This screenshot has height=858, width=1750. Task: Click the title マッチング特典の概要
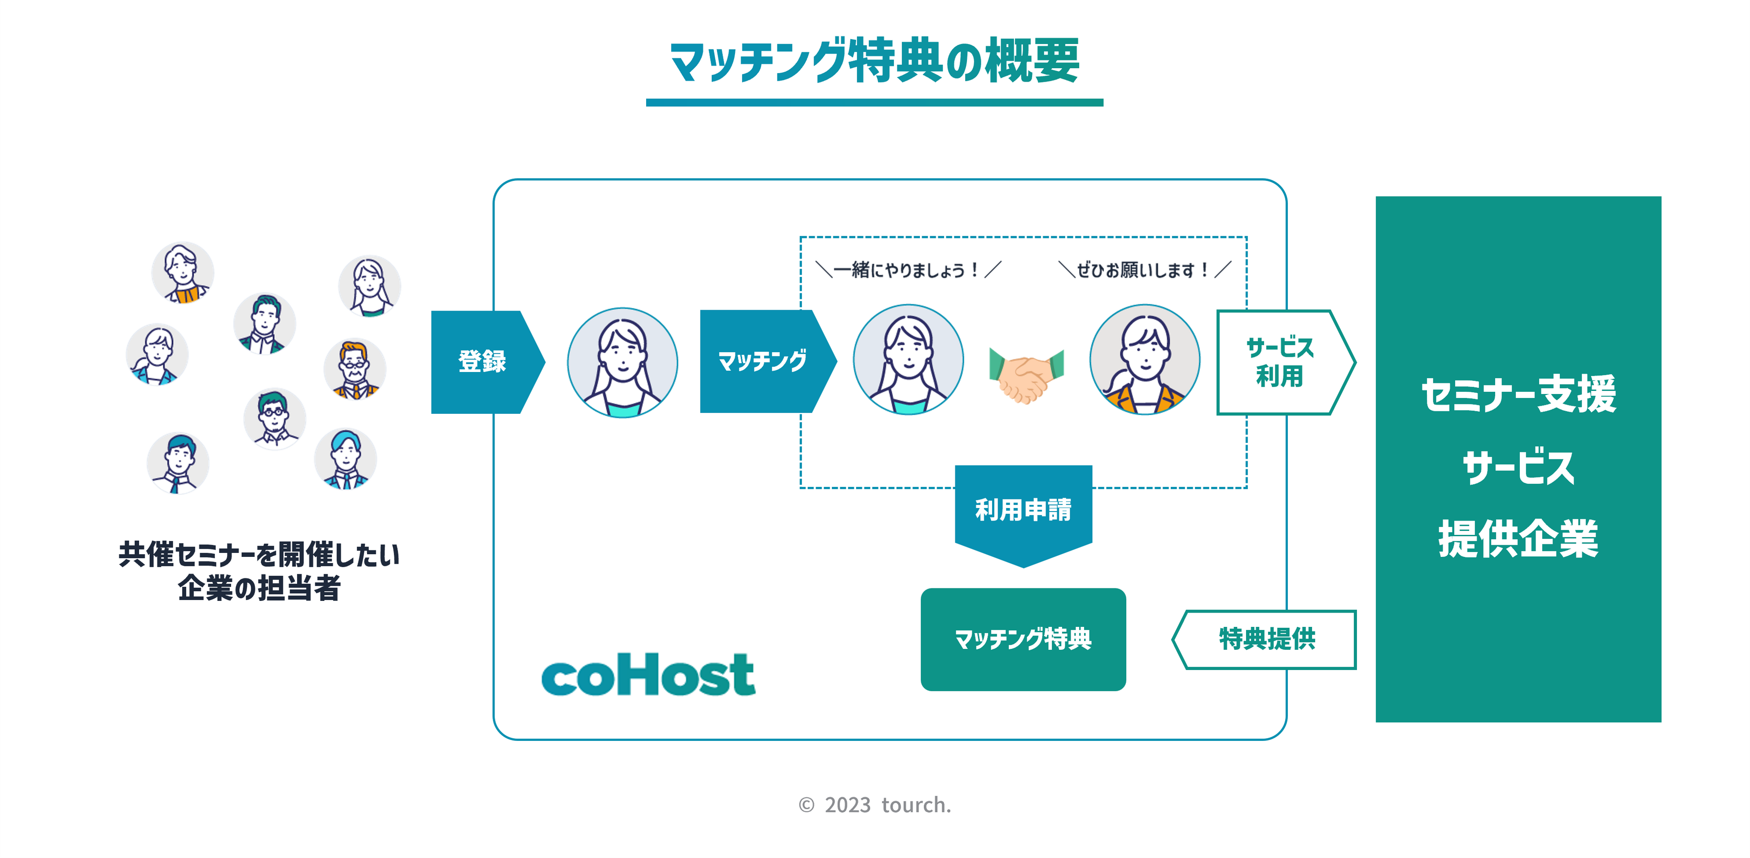pos(874,61)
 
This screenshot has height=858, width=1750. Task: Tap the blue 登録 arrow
pos(484,361)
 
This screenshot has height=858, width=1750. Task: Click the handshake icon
pos(1026,375)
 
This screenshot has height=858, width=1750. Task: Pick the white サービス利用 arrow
pos(1281,362)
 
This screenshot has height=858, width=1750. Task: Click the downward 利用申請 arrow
pos(1023,513)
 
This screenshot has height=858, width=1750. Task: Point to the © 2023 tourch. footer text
pos(875,805)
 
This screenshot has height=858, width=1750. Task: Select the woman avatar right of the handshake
pos(1145,360)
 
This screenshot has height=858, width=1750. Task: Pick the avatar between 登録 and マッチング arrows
pos(622,363)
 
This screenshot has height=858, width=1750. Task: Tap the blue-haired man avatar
pos(345,459)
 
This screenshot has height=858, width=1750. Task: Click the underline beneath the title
pos(874,103)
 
